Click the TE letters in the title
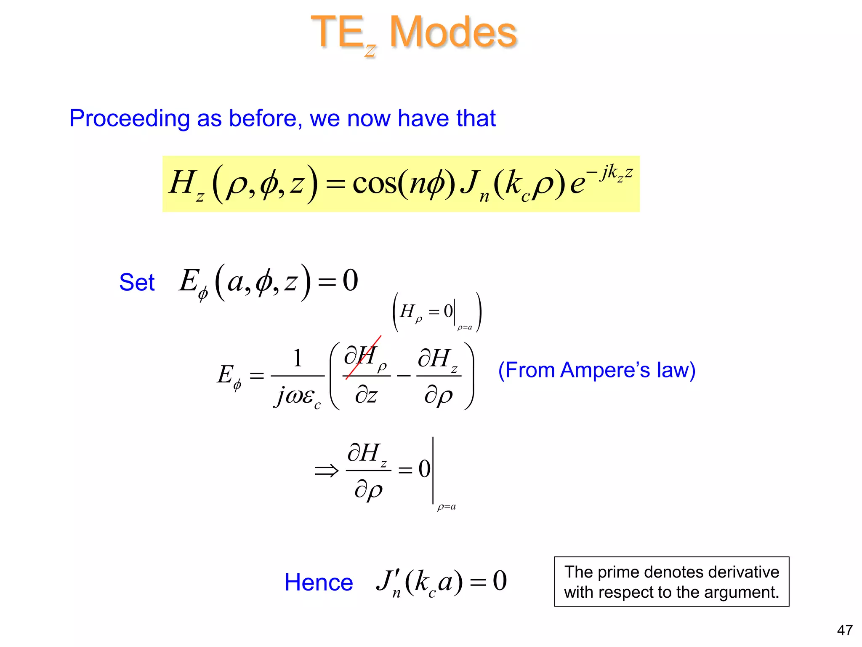point(337,32)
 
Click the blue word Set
point(137,282)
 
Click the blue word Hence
point(319,583)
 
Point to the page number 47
point(845,630)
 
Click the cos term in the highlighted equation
point(375,184)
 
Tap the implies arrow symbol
point(326,471)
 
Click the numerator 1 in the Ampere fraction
point(298,358)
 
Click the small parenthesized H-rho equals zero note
point(437,312)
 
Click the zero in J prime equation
point(500,581)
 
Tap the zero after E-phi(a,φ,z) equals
point(350,281)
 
